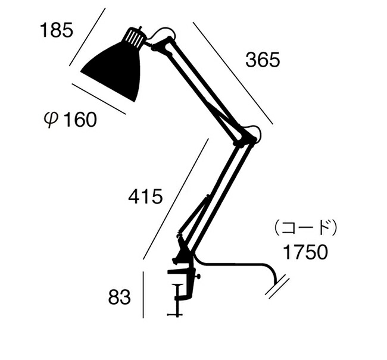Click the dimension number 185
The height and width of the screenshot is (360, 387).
pos(57,30)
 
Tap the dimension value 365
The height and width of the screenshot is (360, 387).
pos(263,60)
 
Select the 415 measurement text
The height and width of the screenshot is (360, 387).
pos(145,196)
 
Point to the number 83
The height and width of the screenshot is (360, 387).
pos(119,297)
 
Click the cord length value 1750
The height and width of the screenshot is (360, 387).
pos(305,252)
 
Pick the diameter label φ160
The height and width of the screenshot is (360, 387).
pos(70,120)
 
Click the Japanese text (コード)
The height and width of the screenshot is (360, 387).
pos(305,228)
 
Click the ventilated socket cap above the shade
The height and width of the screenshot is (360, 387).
pos(134,37)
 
